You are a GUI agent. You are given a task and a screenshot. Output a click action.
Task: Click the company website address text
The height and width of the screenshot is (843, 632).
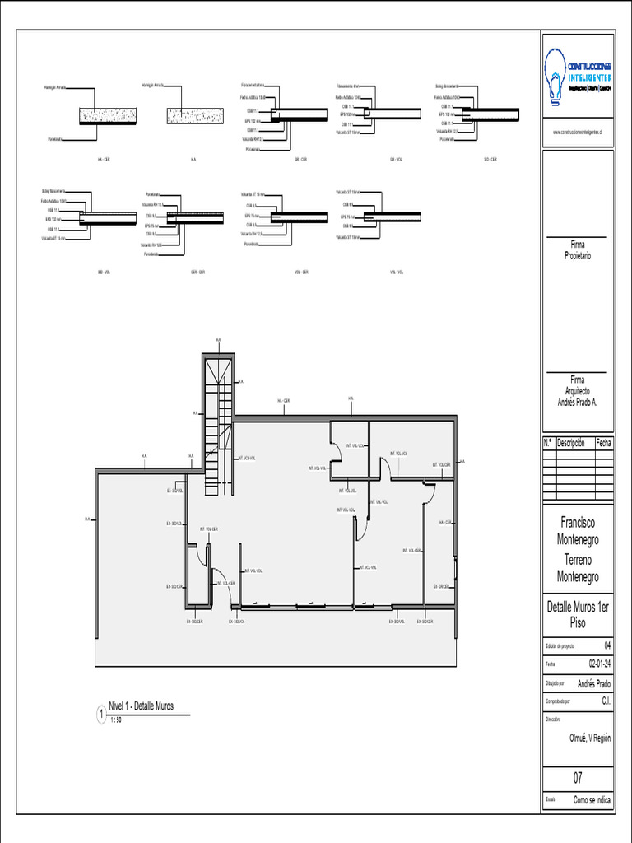coord(578,132)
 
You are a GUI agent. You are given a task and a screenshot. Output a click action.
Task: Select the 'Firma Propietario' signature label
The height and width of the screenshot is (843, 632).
coord(578,250)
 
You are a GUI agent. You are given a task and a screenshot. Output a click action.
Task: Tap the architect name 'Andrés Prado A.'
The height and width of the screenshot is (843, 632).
coord(578,402)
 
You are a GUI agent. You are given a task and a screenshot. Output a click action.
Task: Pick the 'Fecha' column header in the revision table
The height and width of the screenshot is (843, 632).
coord(604,443)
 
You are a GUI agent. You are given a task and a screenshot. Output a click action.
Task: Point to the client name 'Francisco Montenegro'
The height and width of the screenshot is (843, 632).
coord(578,531)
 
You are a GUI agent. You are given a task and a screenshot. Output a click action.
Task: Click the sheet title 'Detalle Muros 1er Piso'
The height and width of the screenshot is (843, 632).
coord(578,615)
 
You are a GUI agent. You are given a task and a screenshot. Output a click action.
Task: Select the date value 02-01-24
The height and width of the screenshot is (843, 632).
coord(599,664)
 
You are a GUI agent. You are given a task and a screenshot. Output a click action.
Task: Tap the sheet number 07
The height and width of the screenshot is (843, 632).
coord(578,778)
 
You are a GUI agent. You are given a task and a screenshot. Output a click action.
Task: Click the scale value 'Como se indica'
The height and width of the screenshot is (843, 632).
coord(592,799)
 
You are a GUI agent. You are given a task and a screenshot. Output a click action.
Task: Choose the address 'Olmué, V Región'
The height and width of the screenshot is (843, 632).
coord(590,738)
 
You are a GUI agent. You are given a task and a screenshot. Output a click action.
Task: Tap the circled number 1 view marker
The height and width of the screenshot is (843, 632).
coord(101,716)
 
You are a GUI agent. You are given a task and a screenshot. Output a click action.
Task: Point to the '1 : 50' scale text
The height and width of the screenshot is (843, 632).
coord(115,720)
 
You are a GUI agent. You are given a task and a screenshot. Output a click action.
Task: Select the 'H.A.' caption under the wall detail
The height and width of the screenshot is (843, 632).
coord(193,159)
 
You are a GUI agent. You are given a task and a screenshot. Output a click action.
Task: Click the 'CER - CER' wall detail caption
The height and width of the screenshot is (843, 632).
coord(198,272)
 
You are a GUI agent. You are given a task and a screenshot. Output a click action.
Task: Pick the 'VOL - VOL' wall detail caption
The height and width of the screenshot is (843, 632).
coord(396,272)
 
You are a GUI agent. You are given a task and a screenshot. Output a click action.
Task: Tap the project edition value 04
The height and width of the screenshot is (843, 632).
coord(608,645)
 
